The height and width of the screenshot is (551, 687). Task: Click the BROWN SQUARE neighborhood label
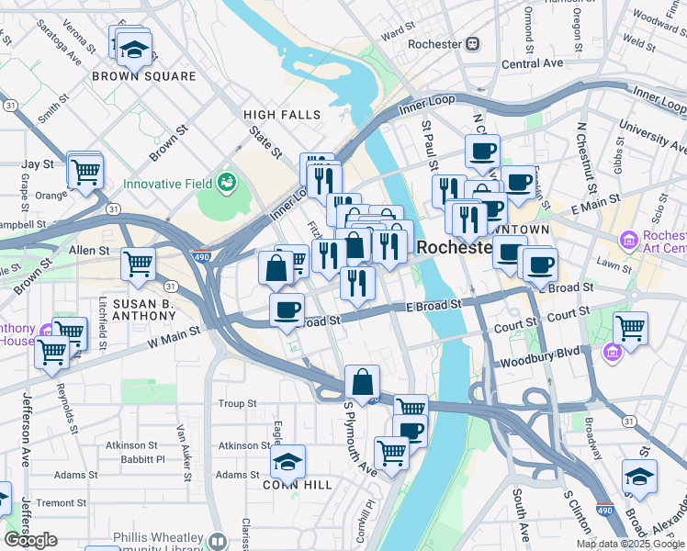coord(144,77)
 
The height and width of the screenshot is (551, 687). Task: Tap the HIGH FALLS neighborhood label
coord(282,115)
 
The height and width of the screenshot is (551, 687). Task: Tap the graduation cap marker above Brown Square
coord(135,50)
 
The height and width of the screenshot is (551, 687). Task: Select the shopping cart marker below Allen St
coord(139,264)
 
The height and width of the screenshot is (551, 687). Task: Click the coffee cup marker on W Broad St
coord(287,309)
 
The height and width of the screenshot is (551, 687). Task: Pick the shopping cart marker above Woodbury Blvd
coord(630,327)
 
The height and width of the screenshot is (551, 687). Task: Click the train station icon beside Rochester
coord(472,44)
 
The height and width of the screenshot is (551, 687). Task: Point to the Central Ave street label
coord(533,63)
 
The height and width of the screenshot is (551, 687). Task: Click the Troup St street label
coord(237,403)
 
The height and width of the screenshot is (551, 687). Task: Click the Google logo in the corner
coord(30,540)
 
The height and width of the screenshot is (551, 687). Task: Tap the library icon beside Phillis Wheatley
coord(218,541)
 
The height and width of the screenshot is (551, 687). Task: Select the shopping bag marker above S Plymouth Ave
coord(363,382)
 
